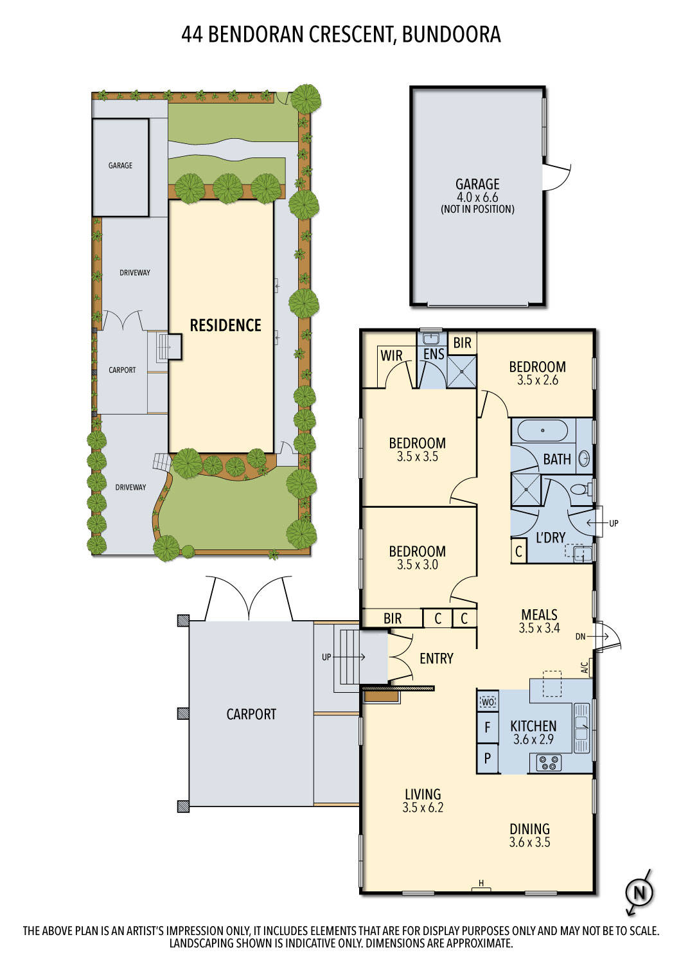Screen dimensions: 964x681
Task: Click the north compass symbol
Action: click(639, 893)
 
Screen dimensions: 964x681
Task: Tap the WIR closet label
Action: click(391, 355)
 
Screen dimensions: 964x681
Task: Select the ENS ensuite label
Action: click(434, 354)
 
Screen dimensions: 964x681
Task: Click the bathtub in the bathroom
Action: click(543, 430)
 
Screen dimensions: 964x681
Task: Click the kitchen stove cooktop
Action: click(549, 763)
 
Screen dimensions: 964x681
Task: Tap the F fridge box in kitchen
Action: click(488, 728)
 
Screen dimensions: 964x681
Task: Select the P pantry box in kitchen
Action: click(488, 758)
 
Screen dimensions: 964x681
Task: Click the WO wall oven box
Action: click(488, 702)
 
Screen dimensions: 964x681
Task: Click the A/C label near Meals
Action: click(585, 668)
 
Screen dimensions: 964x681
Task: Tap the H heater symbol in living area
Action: click(481, 884)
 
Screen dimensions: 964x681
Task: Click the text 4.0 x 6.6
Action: click(477, 197)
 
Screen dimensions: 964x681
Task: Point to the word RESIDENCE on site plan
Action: click(226, 325)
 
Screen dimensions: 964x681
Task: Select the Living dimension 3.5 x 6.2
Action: click(423, 808)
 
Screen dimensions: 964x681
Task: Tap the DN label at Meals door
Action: click(581, 636)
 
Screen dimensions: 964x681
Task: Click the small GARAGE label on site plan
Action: click(120, 166)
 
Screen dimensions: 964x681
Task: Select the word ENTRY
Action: click(436, 658)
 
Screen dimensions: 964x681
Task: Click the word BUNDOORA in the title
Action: click(451, 34)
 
